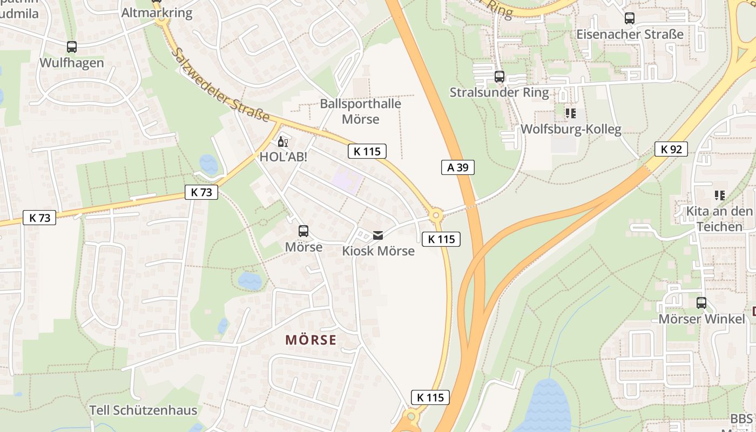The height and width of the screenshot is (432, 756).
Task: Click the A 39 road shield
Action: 457,167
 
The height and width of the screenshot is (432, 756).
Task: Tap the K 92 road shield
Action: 671,149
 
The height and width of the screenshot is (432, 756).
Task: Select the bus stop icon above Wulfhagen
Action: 72,47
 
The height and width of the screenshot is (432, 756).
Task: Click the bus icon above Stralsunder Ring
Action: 500,77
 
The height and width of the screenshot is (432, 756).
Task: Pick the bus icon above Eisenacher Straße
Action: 630,18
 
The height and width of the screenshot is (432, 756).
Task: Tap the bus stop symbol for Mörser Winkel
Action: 701,303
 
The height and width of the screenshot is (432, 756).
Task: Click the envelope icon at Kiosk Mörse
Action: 378,235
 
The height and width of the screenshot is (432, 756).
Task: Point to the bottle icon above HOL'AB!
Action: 282,142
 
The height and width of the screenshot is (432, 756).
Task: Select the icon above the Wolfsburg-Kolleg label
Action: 571,113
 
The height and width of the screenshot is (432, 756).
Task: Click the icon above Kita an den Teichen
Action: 719,195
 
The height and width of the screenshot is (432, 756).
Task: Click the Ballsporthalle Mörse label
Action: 361,111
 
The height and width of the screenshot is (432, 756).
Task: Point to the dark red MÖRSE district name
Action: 310,340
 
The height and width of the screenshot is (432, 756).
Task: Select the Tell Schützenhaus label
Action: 143,410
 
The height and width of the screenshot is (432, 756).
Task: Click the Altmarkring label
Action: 157,12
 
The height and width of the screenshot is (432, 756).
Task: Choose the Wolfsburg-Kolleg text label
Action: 571,129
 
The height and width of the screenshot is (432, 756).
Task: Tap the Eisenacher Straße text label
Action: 630,35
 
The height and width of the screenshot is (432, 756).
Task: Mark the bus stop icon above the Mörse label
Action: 303,231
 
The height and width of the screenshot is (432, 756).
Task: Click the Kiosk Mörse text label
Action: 378,251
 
